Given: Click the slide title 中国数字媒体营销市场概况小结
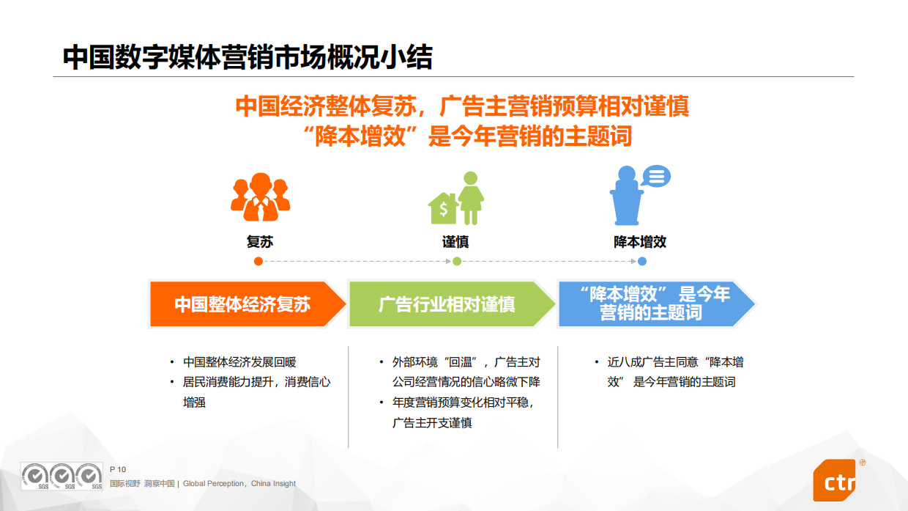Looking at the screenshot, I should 247,56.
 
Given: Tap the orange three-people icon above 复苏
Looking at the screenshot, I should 260,196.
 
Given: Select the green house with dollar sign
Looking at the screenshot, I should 443,209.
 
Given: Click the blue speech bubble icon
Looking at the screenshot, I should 655,177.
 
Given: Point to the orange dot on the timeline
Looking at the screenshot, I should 258,261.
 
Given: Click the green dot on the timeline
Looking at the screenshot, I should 457,261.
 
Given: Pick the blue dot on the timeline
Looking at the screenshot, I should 642,261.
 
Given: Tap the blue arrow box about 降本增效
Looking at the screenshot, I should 655,304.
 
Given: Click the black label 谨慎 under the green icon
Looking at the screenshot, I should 455,242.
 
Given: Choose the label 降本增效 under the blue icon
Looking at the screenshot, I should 640,242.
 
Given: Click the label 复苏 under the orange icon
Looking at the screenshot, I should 260,242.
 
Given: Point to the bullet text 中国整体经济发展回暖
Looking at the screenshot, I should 239,362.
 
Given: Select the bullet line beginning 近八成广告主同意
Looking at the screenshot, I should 675,362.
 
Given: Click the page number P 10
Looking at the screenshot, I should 118,469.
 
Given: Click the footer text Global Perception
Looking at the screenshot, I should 215,484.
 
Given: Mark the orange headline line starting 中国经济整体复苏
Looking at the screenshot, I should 462,107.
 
